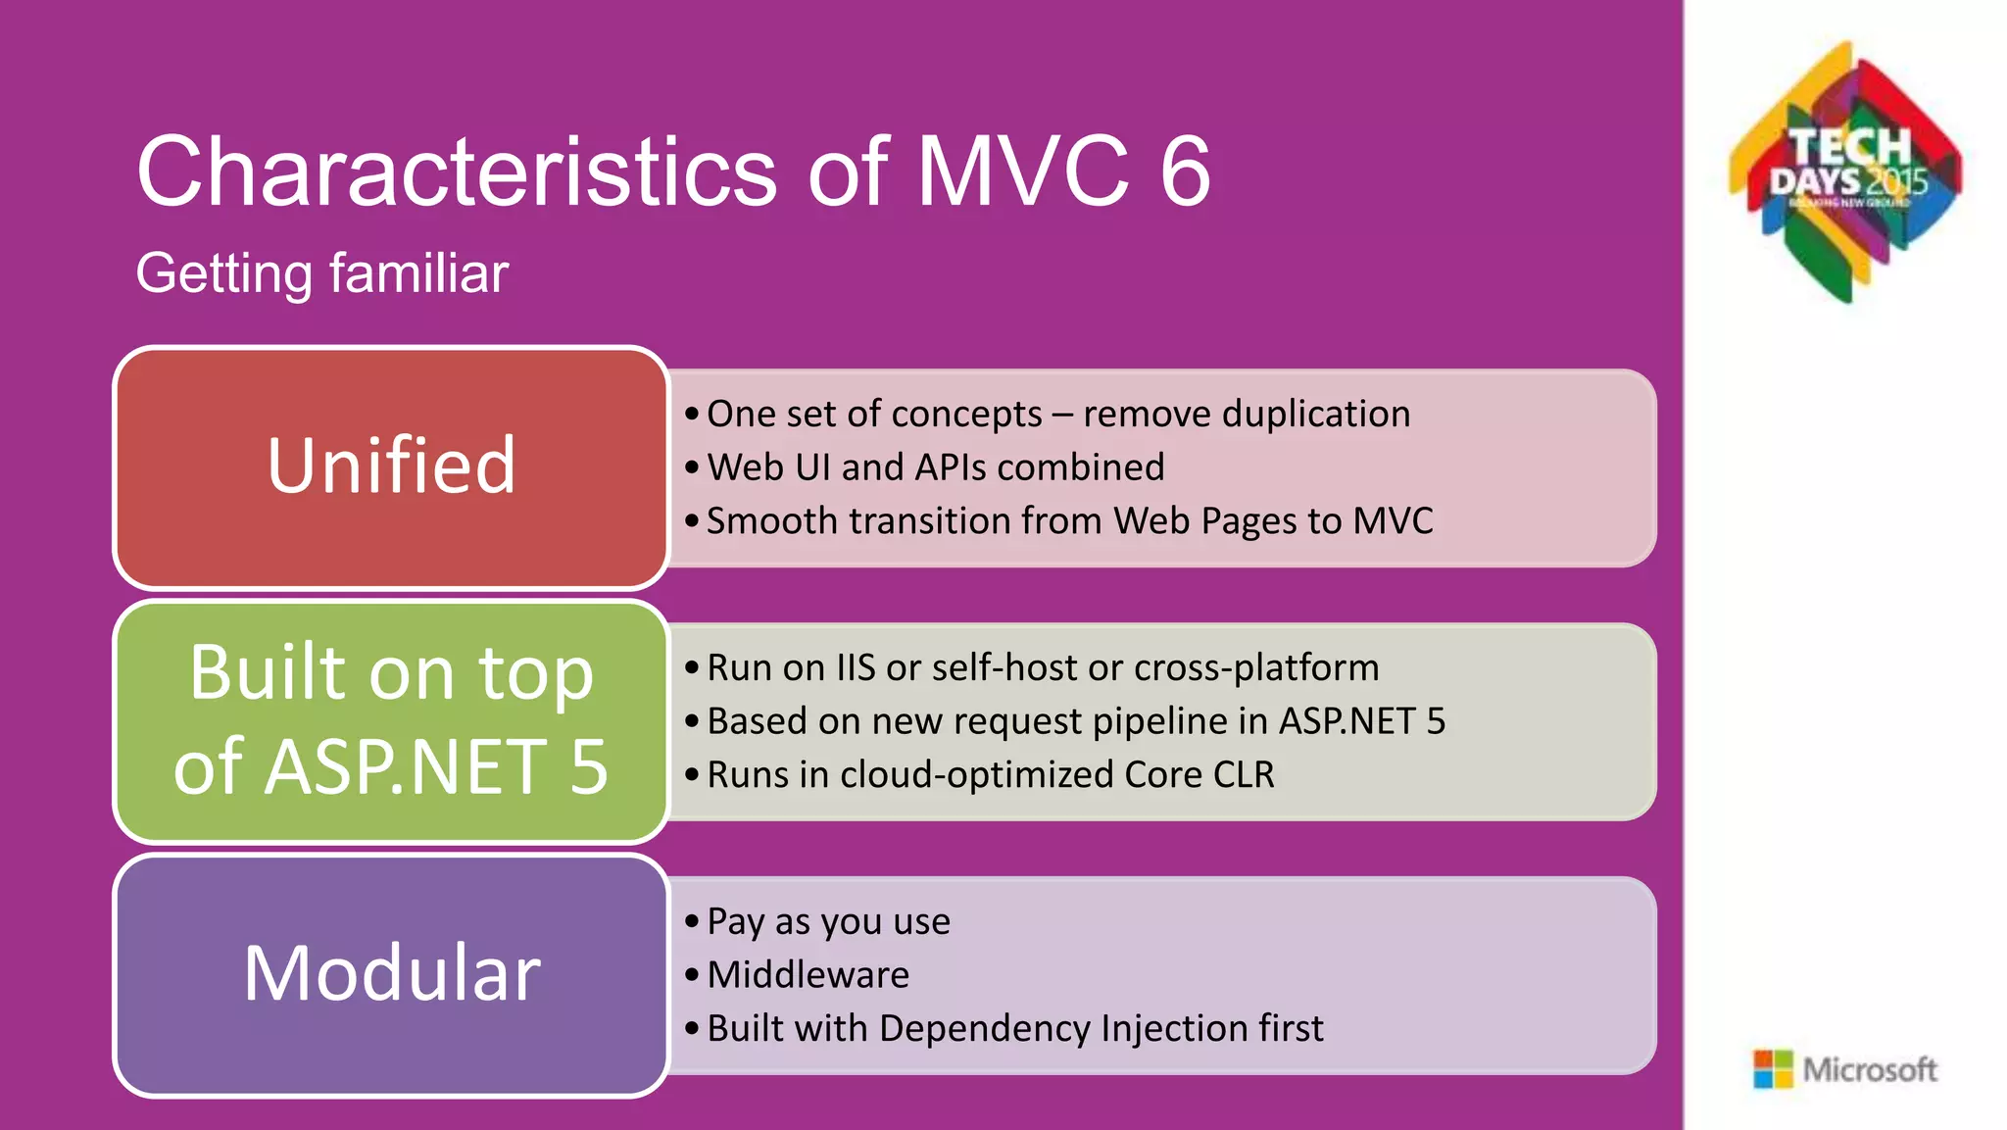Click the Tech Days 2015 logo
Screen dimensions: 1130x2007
(1846, 171)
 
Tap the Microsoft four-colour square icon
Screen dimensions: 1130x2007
(1772, 1069)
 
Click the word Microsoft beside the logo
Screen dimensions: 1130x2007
(1870, 1069)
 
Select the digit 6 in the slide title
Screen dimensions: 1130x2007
(1185, 172)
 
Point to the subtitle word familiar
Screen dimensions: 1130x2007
(418, 273)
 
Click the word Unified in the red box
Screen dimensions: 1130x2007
(391, 466)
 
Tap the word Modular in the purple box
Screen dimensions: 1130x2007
(391, 973)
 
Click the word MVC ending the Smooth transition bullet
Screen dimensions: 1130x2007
(1393, 521)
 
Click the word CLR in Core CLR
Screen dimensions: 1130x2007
(1244, 775)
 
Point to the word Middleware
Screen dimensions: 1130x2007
(808, 975)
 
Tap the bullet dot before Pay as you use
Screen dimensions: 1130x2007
(692, 921)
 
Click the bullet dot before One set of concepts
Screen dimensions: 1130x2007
(692, 415)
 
